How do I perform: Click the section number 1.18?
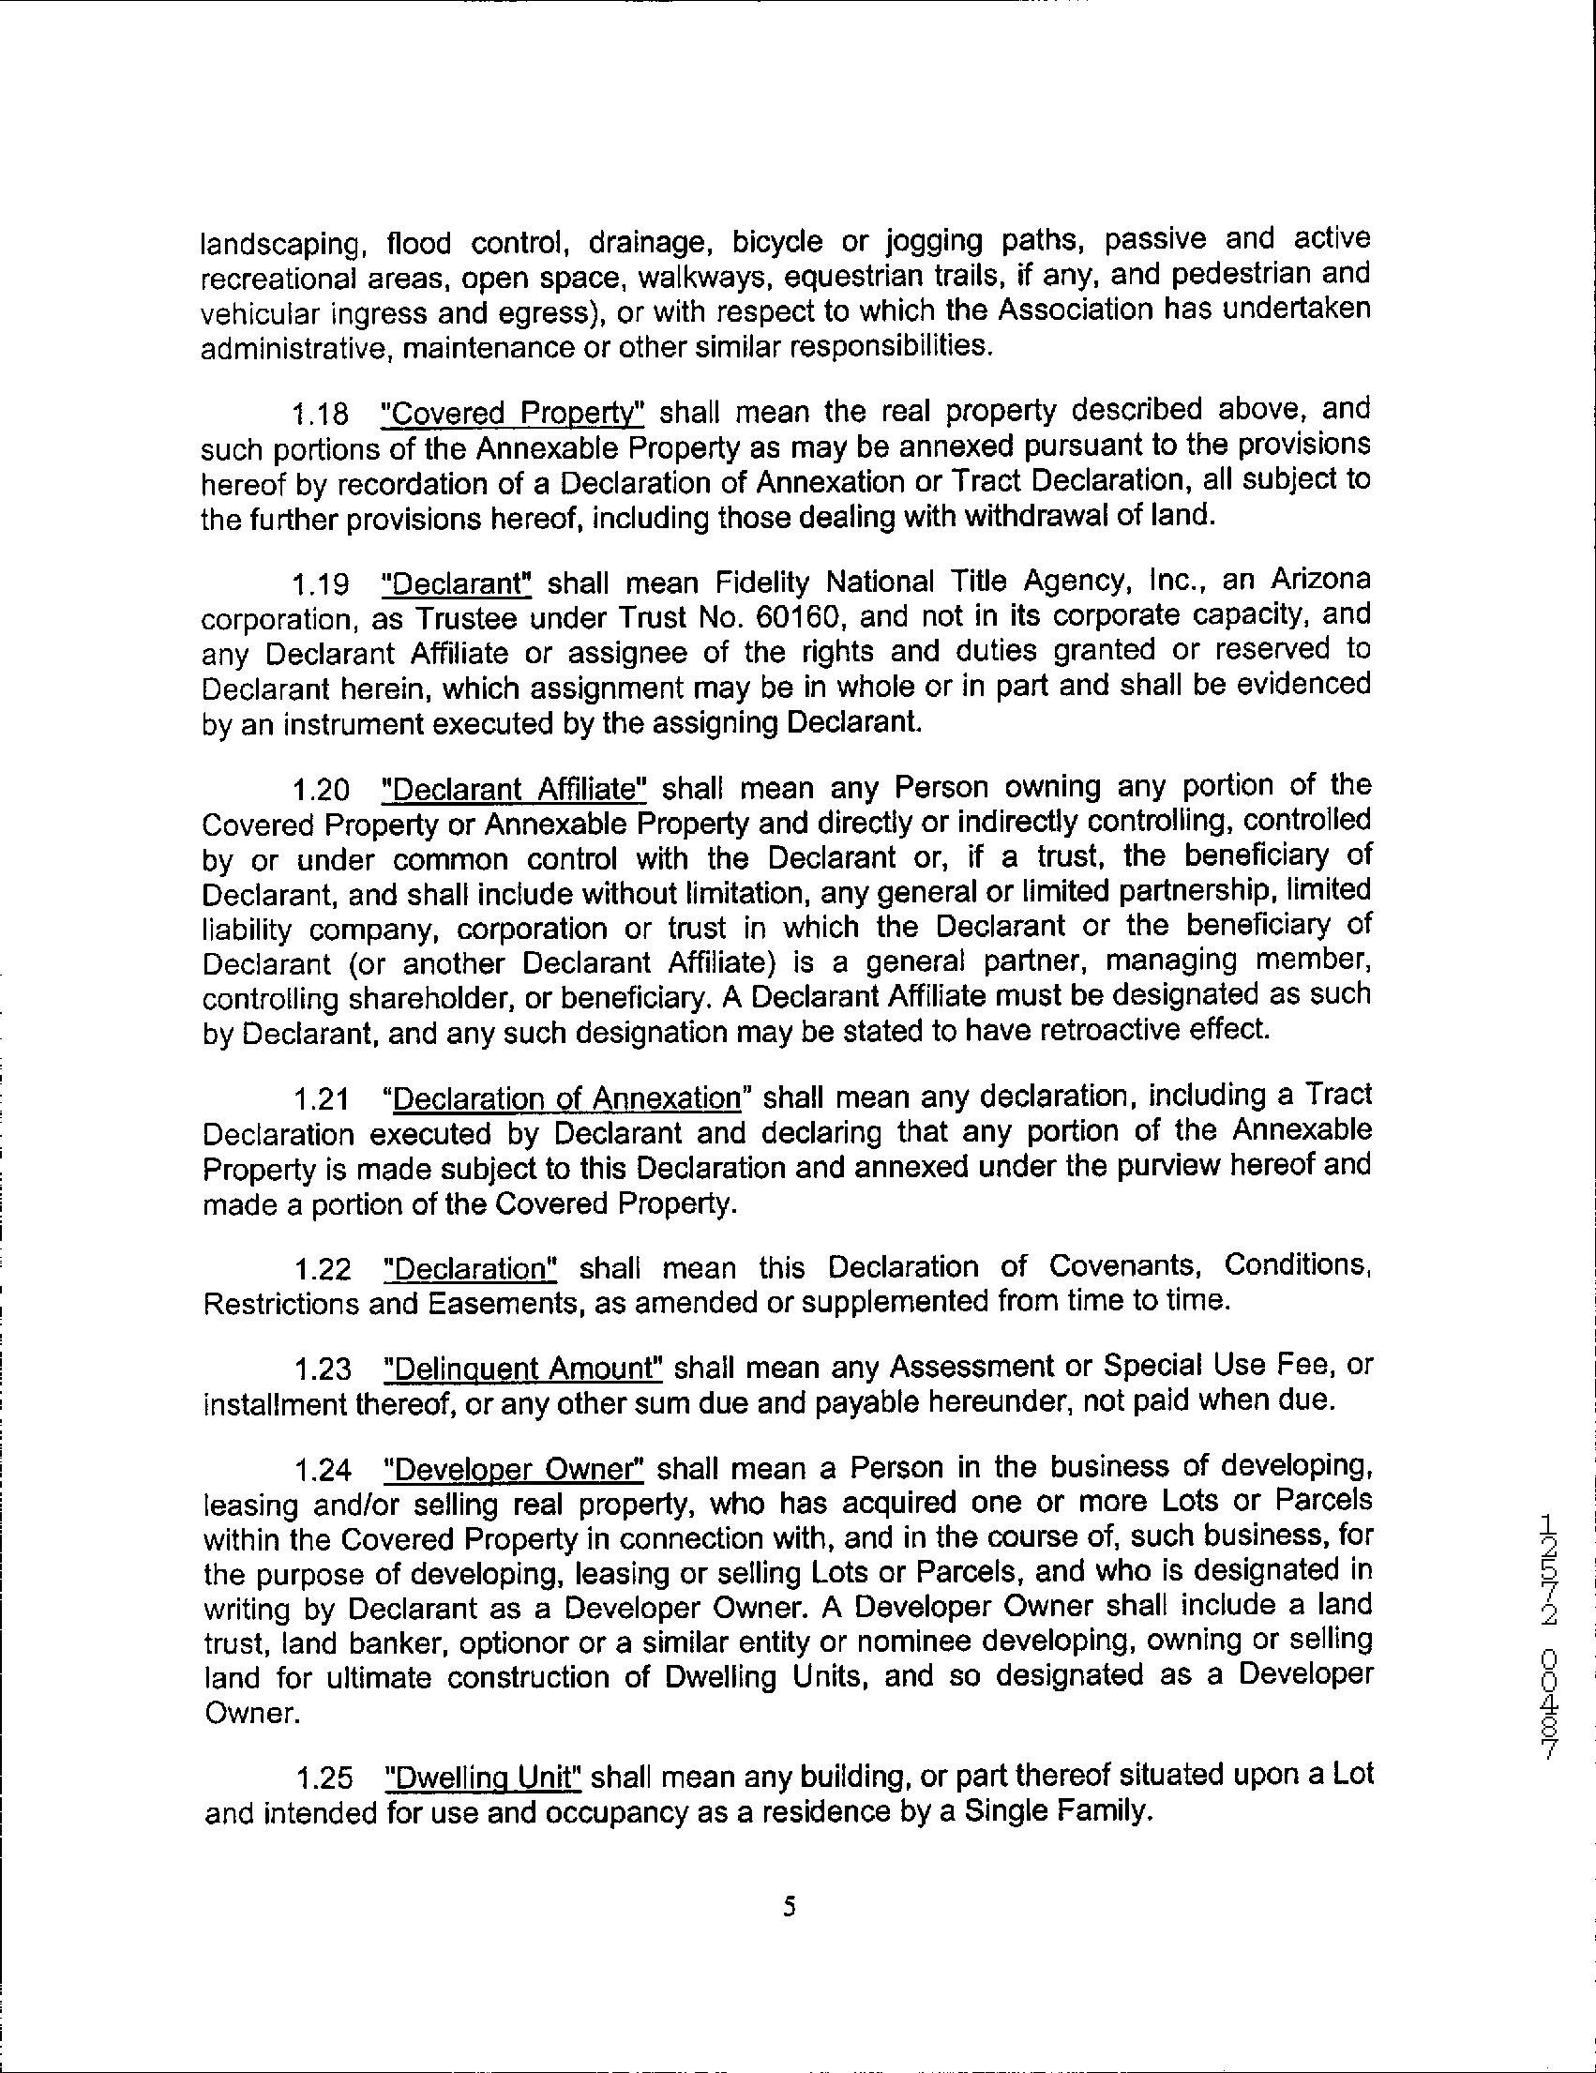click(x=319, y=414)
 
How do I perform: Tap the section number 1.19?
click(x=319, y=583)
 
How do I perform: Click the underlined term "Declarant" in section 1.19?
click(x=455, y=582)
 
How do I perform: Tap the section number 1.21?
click(x=321, y=1099)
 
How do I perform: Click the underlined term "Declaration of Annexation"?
click(x=566, y=1098)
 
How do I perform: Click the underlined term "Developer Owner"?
click(x=514, y=1469)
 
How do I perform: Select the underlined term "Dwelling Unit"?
click(x=483, y=1776)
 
